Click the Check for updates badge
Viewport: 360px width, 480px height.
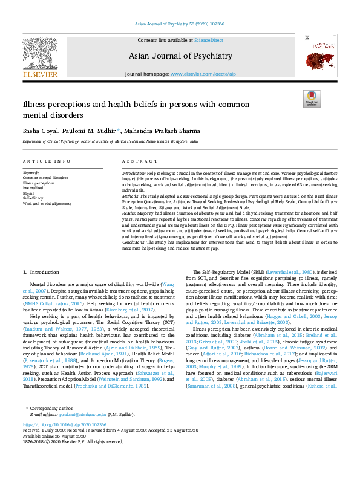pyautogui.click(x=311, y=99)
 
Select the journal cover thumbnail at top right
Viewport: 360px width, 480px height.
pyautogui.click(x=318, y=56)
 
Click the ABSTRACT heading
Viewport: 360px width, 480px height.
pyautogui.click(x=136, y=161)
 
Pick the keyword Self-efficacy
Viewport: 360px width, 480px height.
pyautogui.click(x=33, y=198)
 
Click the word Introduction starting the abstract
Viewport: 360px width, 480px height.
pyautogui.click(x=134, y=173)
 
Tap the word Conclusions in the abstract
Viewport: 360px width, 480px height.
pyautogui.click(x=134, y=242)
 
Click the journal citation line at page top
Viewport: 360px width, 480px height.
pyautogui.click(x=180, y=25)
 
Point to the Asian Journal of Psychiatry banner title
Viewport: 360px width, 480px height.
pyautogui.click(x=180, y=56)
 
